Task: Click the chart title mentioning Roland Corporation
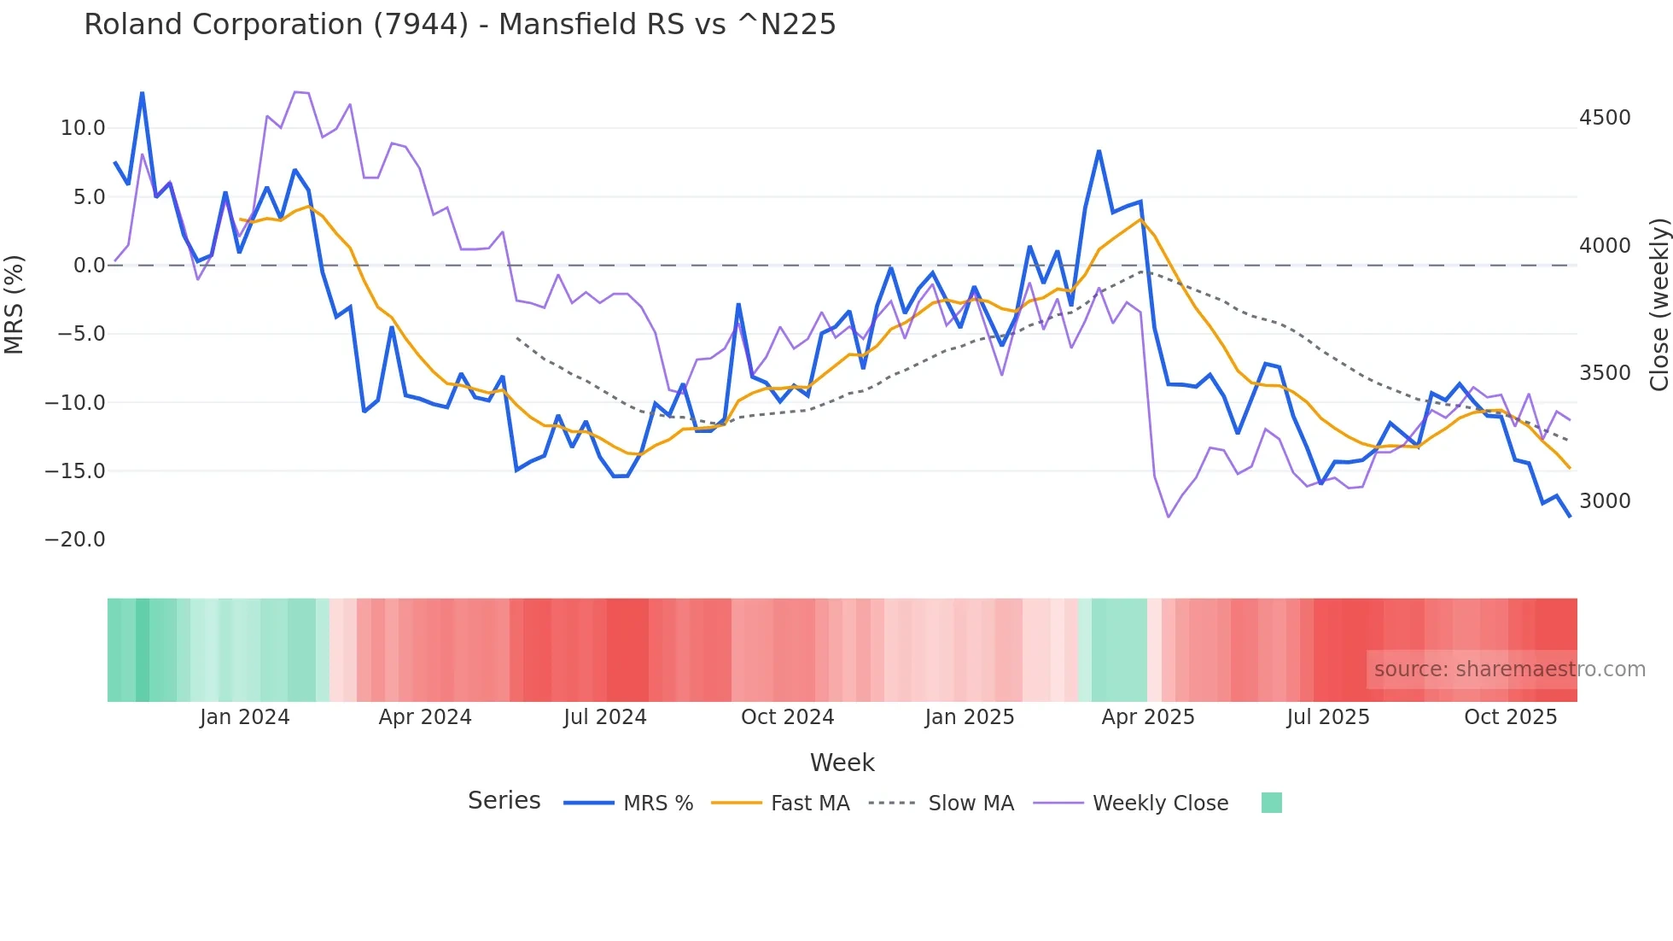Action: (x=459, y=25)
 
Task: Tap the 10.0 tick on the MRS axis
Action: (x=82, y=128)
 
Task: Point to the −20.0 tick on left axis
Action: (x=75, y=540)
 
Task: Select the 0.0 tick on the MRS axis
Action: (x=89, y=266)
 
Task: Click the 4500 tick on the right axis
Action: (x=1605, y=118)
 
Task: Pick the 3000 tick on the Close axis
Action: (x=1605, y=501)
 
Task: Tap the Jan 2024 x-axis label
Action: (x=245, y=717)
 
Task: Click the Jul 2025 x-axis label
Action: (x=1328, y=717)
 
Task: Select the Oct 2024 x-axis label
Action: (x=787, y=717)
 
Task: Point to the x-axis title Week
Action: (x=842, y=763)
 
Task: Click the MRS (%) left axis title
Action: (x=15, y=304)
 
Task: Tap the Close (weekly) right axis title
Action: (x=1659, y=304)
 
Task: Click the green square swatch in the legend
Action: (x=1271, y=803)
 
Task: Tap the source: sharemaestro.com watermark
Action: (x=1509, y=669)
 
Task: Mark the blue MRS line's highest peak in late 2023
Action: (x=143, y=93)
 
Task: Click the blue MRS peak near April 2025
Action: (x=1099, y=152)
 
